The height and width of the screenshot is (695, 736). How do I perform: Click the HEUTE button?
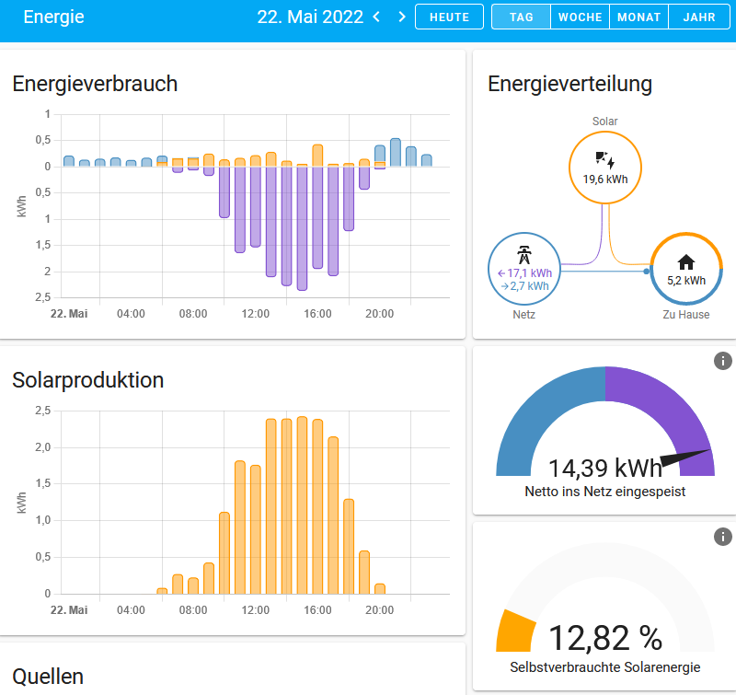[449, 17]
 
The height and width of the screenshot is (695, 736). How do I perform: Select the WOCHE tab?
[580, 17]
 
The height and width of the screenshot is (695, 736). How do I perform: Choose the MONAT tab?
[638, 17]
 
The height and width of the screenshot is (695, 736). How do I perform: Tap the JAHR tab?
[698, 17]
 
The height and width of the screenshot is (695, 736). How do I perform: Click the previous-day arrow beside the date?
[376, 17]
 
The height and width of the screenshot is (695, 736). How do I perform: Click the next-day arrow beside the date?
[401, 17]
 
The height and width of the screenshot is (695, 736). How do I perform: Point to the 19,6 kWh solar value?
[604, 180]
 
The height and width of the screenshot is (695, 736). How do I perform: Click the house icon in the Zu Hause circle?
[685, 262]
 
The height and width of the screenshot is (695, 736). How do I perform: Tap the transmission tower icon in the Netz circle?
[523, 255]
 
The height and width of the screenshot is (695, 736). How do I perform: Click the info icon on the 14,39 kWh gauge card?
[723, 361]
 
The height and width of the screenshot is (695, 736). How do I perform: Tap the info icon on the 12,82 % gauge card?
[723, 536]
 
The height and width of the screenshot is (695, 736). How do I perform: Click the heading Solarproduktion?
[87, 380]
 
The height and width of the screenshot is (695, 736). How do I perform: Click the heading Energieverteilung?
[569, 84]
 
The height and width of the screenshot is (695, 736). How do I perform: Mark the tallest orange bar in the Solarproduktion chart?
[302, 505]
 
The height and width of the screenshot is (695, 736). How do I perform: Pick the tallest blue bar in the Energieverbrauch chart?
[396, 152]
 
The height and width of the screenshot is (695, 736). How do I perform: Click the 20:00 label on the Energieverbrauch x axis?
[379, 314]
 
